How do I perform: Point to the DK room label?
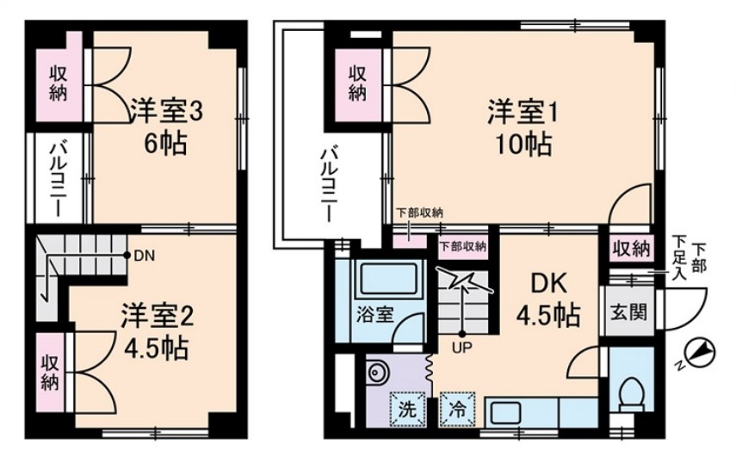547,284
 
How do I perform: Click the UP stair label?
461,348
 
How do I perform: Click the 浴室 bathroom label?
376,314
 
